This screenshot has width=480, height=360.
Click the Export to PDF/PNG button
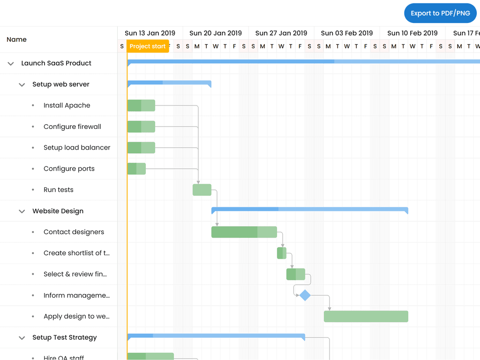point(440,13)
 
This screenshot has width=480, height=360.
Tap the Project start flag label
point(148,46)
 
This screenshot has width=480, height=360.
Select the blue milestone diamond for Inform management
point(305,295)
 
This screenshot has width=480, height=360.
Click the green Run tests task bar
point(202,190)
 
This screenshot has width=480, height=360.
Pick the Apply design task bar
point(366,316)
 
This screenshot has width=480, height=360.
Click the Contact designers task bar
point(244,232)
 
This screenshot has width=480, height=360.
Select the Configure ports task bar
point(136,169)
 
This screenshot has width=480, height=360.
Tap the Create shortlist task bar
point(282,253)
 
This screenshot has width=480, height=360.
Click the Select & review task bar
point(296,274)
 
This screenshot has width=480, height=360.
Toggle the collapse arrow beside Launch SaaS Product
point(11,63)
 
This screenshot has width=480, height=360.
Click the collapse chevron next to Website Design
point(22,211)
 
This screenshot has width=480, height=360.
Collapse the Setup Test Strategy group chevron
point(22,337)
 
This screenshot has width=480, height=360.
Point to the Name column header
point(17,39)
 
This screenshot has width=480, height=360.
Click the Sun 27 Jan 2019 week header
point(281,33)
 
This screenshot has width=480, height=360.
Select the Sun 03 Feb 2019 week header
point(347,33)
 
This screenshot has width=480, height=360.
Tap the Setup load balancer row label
point(77,148)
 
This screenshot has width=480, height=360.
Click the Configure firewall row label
point(72,127)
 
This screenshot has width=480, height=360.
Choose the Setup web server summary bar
point(169,83)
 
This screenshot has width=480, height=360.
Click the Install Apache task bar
point(141,105)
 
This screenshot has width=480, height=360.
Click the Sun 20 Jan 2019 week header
point(216,33)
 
